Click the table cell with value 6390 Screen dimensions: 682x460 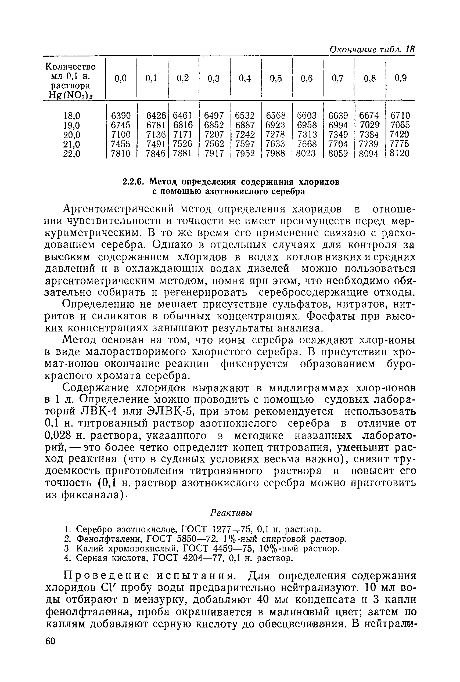121,115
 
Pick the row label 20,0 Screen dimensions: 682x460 71,135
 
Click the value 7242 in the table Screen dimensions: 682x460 245,135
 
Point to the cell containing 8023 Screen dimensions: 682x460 306,153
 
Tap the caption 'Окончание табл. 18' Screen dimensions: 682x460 372,49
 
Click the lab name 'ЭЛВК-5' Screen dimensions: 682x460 170,412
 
